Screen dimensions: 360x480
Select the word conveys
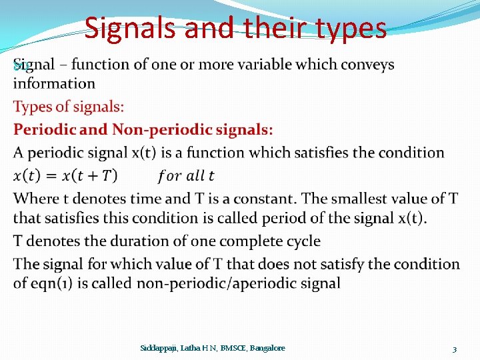(x=369, y=65)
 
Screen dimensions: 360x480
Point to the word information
(x=54, y=83)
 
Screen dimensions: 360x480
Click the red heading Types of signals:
(x=69, y=107)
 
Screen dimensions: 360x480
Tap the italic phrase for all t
(x=186, y=176)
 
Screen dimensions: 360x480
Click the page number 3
(x=454, y=349)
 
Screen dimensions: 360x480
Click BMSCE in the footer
(x=230, y=348)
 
